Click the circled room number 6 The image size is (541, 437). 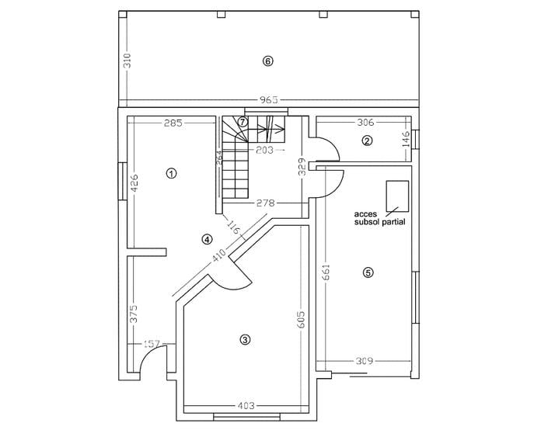coord(268,61)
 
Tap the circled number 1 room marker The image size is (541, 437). coord(171,173)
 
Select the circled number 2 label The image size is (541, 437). coord(367,140)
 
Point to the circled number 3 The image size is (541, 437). coord(246,339)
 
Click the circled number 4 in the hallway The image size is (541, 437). coord(207,239)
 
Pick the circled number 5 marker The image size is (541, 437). coord(368,272)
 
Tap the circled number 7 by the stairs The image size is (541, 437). coord(243,122)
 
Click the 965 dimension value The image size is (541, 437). coord(268,99)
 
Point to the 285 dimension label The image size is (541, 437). coord(173,123)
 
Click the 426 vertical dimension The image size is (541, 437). coord(133,182)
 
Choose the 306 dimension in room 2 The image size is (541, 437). coord(366,122)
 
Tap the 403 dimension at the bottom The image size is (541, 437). coord(246,406)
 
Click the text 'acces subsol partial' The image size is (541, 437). coord(380,217)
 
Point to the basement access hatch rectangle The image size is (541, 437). coord(396,195)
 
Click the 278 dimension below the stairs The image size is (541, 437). coord(267,203)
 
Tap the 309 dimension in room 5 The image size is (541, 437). coord(365,361)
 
